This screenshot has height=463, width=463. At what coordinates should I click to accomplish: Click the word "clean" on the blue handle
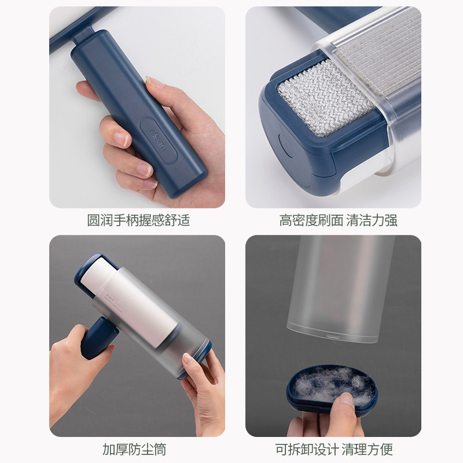pos(157,141)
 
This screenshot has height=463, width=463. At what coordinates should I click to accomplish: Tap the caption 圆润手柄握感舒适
pos(138,221)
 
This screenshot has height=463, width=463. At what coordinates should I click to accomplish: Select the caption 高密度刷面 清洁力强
pos(339,221)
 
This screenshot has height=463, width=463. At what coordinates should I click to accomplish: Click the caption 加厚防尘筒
pos(134,450)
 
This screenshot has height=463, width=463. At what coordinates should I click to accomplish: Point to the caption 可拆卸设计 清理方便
pos(334,450)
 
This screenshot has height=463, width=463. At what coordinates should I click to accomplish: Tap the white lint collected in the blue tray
pos(330,384)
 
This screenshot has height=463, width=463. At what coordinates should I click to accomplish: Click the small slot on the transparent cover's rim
pos(332,337)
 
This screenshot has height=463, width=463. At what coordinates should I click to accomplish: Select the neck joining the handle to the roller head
pos(83,35)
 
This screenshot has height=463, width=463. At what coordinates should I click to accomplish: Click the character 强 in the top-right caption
pos(391,221)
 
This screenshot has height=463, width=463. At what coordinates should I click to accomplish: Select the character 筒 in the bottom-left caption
pos(160,450)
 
